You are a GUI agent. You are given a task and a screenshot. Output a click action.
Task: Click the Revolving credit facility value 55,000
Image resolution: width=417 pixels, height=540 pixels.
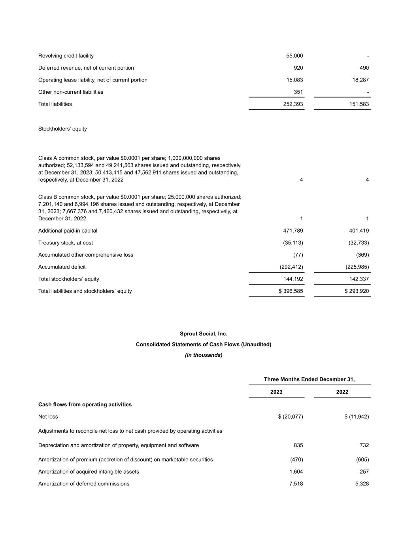294,56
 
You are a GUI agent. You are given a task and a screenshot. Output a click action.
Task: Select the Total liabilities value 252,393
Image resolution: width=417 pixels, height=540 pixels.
293,104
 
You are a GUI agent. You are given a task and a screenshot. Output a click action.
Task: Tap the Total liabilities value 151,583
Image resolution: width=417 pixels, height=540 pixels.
359,104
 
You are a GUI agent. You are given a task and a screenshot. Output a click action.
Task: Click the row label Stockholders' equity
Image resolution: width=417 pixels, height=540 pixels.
62,129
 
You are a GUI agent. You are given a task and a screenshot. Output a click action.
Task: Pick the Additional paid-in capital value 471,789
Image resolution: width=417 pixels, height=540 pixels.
293,231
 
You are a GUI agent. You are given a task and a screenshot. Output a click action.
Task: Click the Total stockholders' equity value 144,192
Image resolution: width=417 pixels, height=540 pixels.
293,279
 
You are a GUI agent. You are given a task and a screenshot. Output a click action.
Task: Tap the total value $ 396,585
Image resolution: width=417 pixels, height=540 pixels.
291,291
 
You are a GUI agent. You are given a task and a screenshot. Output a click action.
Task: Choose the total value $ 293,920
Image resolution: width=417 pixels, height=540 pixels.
357,291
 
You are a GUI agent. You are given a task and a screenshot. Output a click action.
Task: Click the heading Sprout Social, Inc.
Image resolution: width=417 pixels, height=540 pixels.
204,333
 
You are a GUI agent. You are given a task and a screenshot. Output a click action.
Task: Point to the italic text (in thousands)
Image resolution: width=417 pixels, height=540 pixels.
204,355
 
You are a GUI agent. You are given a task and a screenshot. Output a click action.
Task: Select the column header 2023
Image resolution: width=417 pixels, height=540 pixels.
276,392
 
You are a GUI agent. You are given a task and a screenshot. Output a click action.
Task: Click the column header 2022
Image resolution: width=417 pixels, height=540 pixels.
342,392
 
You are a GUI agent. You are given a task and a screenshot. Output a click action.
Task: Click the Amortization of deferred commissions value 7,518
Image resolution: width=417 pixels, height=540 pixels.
296,484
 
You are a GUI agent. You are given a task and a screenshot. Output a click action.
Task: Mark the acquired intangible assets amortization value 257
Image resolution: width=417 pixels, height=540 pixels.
364,472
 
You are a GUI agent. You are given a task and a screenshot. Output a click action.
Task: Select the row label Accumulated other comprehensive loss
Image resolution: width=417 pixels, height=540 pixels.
86,255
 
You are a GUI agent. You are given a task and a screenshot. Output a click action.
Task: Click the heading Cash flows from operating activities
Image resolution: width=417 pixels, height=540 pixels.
85,404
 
